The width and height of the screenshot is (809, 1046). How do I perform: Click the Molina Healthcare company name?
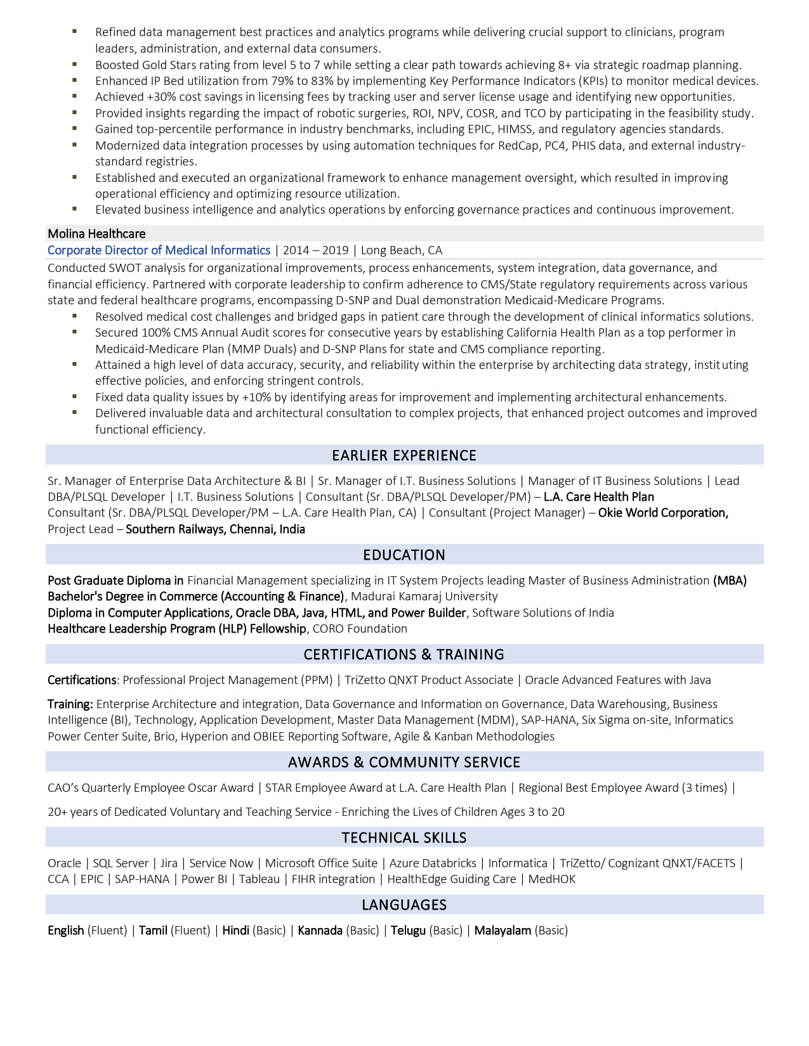(96, 234)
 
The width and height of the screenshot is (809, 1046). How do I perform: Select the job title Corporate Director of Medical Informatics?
(159, 250)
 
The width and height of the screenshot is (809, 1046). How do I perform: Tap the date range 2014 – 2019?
(315, 250)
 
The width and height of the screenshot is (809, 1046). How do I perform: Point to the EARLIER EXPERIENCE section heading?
(404, 455)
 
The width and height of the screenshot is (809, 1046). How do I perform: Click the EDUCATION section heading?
(404, 555)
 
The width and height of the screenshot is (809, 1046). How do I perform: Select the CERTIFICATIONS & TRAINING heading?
(404, 654)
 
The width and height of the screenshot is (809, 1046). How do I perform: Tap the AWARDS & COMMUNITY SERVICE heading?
(404, 762)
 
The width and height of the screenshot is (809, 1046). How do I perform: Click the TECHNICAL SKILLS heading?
(404, 837)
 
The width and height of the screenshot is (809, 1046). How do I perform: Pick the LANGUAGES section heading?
(404, 905)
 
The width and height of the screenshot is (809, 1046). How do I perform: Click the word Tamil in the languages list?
(153, 931)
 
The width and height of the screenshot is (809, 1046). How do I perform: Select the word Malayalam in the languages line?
(503, 931)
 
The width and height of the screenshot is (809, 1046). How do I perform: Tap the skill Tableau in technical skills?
(259, 879)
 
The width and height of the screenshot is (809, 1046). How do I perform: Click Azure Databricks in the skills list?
(433, 863)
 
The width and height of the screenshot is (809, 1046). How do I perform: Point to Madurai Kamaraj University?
(424, 597)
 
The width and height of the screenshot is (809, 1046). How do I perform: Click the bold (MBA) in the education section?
(730, 581)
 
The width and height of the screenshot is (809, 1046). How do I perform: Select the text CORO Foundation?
(360, 629)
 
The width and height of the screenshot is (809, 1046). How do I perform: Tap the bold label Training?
(70, 704)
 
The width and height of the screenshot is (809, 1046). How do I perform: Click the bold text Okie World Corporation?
(663, 513)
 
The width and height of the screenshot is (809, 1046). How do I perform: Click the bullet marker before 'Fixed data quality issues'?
(75, 397)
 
